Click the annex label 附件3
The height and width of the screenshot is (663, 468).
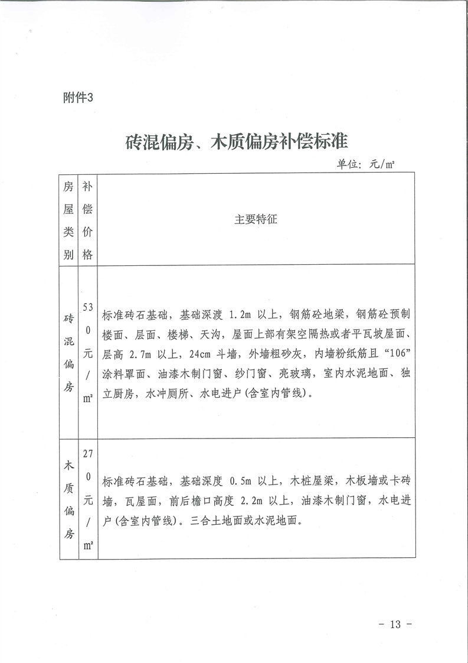[x=78, y=99]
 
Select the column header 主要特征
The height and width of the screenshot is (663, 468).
[x=256, y=219]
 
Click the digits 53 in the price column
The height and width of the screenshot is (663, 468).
[x=88, y=307]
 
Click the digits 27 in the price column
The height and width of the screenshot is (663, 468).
[x=88, y=454]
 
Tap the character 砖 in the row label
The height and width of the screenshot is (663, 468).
[x=68, y=318]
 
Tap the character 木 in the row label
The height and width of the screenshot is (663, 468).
[x=68, y=465]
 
